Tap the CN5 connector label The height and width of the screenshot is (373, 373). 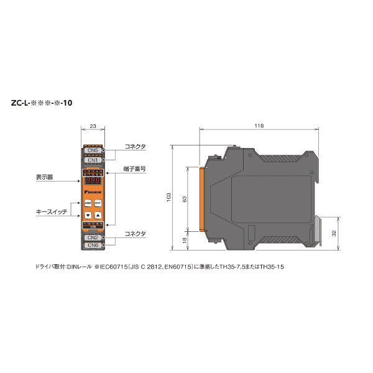tap(92, 150)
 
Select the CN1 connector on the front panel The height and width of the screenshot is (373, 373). tap(92, 160)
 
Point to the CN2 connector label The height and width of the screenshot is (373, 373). tap(92, 237)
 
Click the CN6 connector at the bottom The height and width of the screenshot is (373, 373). tap(92, 246)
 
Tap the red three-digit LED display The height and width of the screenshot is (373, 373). tap(93, 180)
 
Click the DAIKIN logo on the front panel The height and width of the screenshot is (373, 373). tap(93, 193)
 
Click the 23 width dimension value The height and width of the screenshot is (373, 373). tap(93, 126)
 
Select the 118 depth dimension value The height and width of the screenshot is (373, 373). tap(259, 126)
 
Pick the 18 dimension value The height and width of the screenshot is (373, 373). tap(184, 239)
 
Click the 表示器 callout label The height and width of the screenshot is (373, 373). tap(45, 177)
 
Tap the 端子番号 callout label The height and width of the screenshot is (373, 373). tap(134, 168)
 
